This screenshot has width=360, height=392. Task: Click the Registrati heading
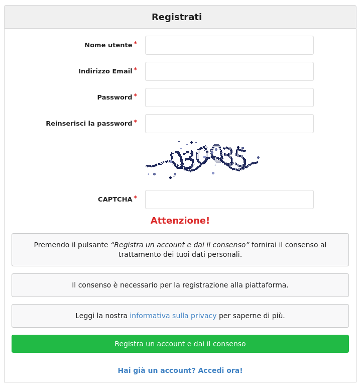177,17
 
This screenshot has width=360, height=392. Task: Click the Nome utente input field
229,45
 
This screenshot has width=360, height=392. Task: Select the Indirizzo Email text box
229,71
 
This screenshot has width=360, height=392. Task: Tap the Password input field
229,97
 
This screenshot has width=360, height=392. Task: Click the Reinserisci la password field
229,124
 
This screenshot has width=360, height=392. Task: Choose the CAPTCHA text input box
229,200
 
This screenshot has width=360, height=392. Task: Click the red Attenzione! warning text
180,221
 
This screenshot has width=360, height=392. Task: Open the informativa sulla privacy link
173,316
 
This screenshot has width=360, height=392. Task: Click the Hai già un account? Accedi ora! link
180,370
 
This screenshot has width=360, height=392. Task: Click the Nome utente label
108,45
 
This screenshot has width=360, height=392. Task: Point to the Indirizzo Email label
105,71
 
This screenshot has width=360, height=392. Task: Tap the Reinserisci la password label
89,124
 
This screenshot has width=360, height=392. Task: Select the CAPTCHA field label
115,200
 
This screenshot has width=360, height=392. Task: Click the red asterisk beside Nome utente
135,43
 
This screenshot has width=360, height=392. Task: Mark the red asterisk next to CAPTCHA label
135,198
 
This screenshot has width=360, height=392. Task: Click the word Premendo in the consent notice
52,245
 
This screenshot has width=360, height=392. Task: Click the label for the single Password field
114,97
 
